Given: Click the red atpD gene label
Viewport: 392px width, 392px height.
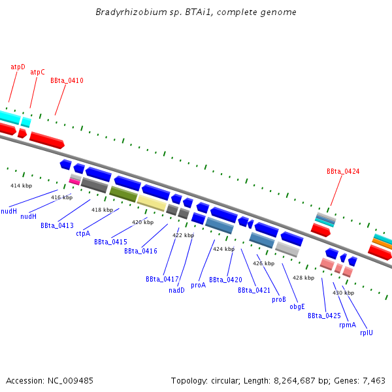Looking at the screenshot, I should pos(18,67).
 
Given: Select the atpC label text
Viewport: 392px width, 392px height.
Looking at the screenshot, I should pos(38,73).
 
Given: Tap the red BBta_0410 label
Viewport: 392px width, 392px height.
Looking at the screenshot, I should pos(67,81).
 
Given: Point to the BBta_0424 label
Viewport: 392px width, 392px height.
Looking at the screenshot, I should pos(343,172).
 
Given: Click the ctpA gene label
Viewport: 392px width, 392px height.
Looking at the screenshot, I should pos(83,233).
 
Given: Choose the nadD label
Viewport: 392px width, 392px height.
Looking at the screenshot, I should pos(177,290).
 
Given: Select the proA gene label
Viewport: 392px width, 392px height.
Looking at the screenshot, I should pos(198,286).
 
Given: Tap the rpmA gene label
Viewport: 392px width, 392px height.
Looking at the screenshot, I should pos(348,325).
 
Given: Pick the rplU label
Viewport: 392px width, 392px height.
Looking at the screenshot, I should pos(367,333).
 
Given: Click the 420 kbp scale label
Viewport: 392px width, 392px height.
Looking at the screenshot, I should pos(142,223).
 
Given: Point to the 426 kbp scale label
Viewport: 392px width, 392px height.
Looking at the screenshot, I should pos(263,263).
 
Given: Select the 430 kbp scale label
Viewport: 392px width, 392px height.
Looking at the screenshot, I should pos(343,293).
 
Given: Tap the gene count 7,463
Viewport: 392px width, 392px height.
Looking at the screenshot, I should pos(372,380).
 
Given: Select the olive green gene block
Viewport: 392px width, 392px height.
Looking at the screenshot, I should pos(123,194).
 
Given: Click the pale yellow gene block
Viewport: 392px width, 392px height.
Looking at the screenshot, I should pos(151,203).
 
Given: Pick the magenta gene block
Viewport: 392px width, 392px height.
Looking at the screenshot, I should pos(74,182).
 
